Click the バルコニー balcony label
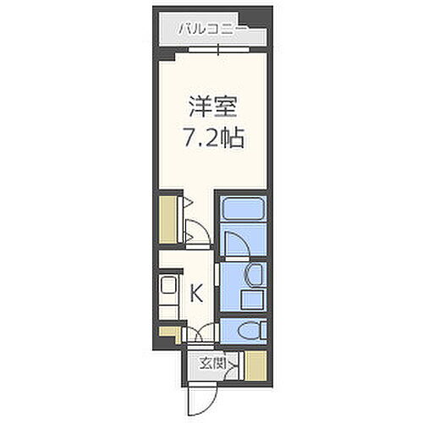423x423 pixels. [211, 29]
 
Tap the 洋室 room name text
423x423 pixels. [211, 108]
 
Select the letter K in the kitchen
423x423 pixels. [195, 294]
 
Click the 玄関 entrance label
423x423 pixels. [212, 365]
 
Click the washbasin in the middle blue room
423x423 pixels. [251, 275]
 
